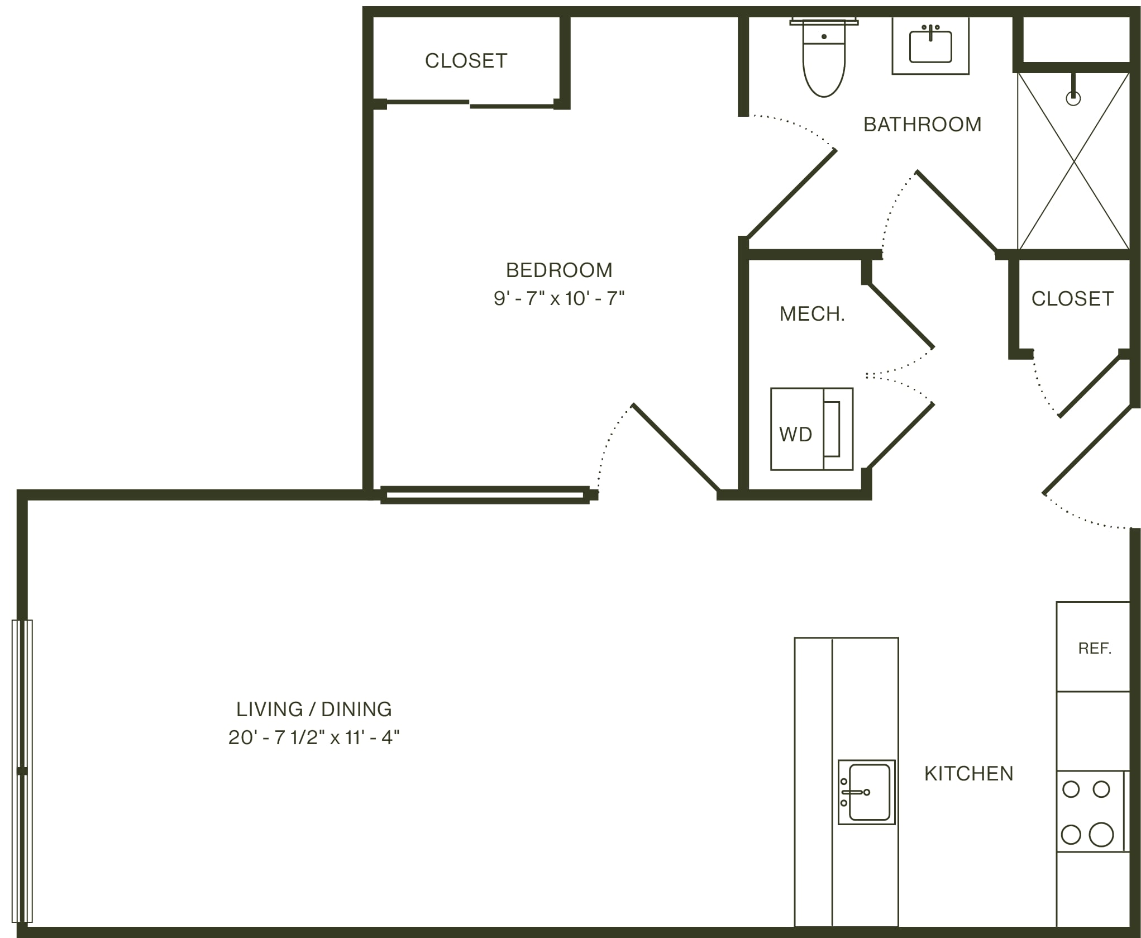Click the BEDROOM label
pyautogui.click(x=559, y=270)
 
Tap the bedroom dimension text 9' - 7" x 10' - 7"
pyautogui.click(x=559, y=298)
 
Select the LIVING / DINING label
pyautogui.click(x=314, y=709)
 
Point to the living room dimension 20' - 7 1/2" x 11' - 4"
pyautogui.click(x=314, y=737)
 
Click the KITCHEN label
pyautogui.click(x=969, y=774)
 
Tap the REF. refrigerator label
pyautogui.click(x=1095, y=649)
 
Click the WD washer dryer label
pyautogui.click(x=795, y=435)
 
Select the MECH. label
pyautogui.click(x=812, y=314)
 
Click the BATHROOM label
pyautogui.click(x=923, y=125)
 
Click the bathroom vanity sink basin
pyautogui.click(x=930, y=46)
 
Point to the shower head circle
pyautogui.click(x=1073, y=99)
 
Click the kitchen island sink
pyautogui.click(x=866, y=792)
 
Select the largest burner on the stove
pyautogui.click(x=1101, y=835)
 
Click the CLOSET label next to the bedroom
pyautogui.click(x=466, y=61)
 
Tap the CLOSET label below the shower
pyautogui.click(x=1072, y=299)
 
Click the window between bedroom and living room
pyautogui.click(x=485, y=495)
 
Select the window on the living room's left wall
pyautogui.click(x=22, y=771)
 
